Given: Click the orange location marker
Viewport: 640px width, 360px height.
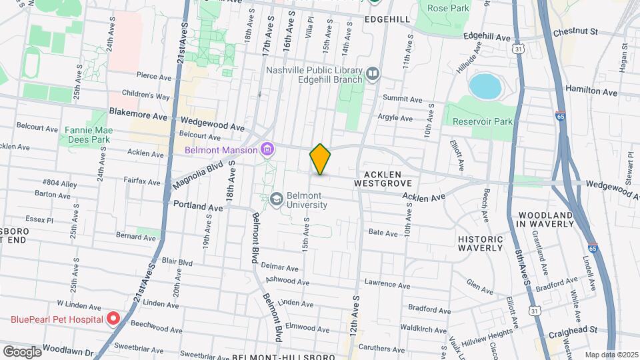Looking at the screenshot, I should pos(320,159).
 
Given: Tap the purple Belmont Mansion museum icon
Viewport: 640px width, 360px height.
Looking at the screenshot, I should pos(267,150).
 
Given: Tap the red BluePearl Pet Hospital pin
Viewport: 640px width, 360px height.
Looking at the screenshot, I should pos(113,318).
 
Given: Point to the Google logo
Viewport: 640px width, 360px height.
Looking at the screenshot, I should pos(21,351).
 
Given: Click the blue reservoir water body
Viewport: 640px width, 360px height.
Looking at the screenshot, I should pos(485,85).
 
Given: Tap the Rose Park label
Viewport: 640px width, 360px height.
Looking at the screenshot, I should pos(443,8).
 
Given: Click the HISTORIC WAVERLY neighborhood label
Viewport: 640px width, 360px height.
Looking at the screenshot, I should pos(480,243).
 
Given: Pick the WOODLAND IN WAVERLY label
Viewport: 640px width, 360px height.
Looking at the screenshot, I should pos(545,219).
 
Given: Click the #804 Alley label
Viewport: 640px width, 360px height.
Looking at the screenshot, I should pos(59,181).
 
